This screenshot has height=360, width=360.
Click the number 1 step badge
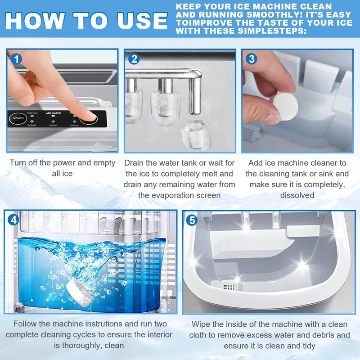[16, 59]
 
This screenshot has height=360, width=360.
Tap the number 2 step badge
[134, 59]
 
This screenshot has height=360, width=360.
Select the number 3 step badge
[252, 59]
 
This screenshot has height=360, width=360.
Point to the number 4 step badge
[13, 220]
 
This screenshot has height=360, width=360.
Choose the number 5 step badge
[192, 220]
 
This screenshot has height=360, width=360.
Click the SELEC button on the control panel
[18, 118]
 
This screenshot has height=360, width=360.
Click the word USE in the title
[142, 21]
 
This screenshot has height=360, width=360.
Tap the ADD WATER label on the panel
[53, 113]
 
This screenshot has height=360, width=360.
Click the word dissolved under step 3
[297, 195]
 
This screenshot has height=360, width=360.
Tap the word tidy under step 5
[309, 346]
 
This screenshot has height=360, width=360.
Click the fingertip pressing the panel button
[89, 116]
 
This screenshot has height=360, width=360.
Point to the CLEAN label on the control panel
[31, 126]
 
